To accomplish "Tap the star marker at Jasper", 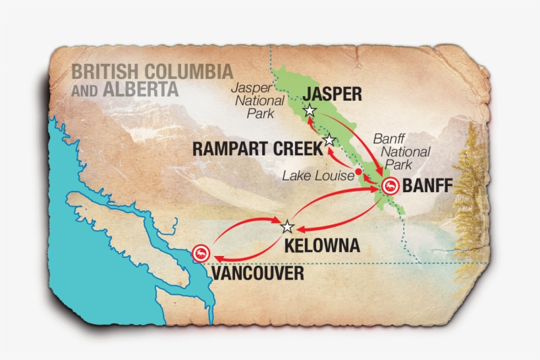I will point(310,111).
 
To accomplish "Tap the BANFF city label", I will point(427,186).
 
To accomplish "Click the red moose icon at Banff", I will point(390,186).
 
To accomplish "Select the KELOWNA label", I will point(322,246).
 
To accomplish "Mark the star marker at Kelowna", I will point(287,227).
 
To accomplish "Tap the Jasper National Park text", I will point(261,101).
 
